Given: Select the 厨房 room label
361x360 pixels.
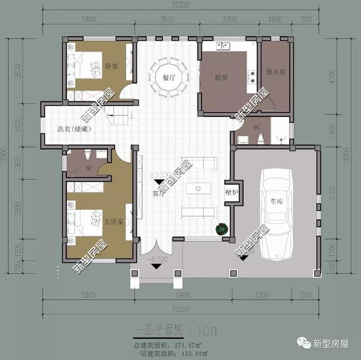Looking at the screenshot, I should pos(222,77).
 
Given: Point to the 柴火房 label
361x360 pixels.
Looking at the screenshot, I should pos(274,72).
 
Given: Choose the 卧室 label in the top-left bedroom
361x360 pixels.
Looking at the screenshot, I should pos(111,66).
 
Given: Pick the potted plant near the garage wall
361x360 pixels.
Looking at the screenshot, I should pos(221,229).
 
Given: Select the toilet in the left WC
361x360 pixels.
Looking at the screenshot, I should pos(86,153).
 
